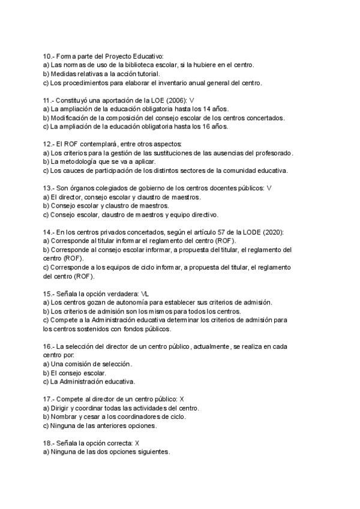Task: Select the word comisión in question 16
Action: click(x=82, y=364)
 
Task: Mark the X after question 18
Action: click(x=137, y=443)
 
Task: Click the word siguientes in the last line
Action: click(x=151, y=452)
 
